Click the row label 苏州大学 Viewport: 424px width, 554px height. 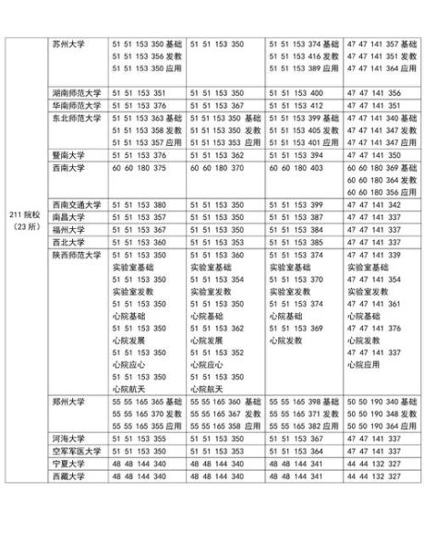tap(69, 43)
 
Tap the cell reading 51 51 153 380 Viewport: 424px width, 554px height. tap(138, 204)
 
